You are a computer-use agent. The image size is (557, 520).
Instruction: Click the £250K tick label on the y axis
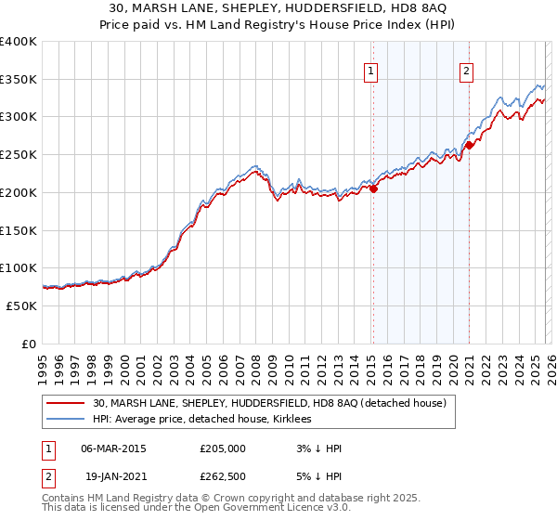click(x=19, y=155)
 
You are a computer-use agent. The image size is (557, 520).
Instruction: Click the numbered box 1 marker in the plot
click(x=371, y=70)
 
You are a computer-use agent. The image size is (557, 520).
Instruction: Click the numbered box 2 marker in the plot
click(x=466, y=70)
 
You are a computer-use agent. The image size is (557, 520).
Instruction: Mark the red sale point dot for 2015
click(x=373, y=188)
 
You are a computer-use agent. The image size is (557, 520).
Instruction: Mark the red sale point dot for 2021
click(x=470, y=145)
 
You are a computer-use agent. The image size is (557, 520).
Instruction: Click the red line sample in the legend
click(x=66, y=403)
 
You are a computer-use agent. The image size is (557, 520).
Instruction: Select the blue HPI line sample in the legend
click(x=66, y=419)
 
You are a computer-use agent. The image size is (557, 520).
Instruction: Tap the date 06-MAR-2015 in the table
click(x=113, y=448)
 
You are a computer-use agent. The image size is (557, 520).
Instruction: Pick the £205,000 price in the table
click(x=223, y=448)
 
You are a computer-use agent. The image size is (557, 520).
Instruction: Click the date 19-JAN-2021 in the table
click(x=113, y=476)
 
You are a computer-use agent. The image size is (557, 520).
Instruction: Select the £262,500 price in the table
click(x=223, y=476)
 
